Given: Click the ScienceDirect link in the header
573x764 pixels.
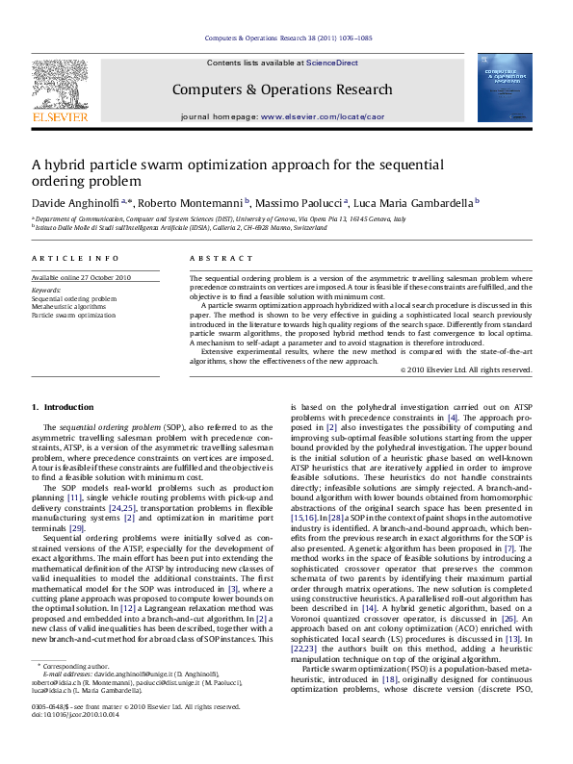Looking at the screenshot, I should point(332,63).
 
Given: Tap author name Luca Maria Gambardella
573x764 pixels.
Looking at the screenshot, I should point(418,203).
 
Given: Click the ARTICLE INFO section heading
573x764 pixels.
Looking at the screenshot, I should point(67,259).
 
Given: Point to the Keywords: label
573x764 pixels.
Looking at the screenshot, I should point(46,290).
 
